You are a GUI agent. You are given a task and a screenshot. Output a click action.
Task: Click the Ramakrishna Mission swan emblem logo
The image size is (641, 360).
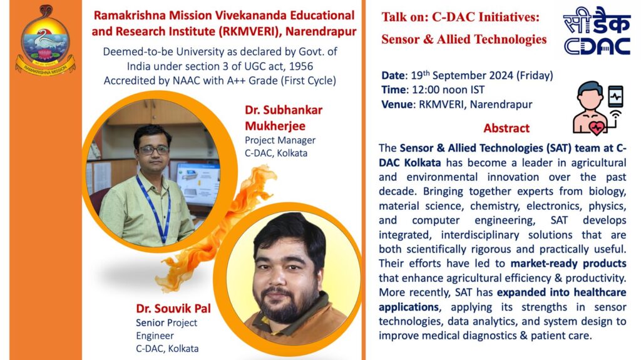tap(45, 39)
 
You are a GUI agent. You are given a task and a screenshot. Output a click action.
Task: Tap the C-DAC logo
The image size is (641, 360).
tap(597, 31)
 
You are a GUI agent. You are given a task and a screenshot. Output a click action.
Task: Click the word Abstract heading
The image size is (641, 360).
tap(506, 128)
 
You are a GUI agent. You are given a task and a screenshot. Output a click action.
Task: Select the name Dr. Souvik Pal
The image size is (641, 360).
tap(173, 309)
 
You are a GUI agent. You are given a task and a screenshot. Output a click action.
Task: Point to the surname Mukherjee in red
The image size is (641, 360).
tap(275, 126)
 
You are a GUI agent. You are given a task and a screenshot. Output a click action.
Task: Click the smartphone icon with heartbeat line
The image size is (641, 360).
tap(616, 97)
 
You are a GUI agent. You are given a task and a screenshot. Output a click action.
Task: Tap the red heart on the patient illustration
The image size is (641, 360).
tap(597, 127)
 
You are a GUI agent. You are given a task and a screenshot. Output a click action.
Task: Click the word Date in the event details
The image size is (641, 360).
tap(394, 76)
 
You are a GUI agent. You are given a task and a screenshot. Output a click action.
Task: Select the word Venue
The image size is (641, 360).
tap(397, 105)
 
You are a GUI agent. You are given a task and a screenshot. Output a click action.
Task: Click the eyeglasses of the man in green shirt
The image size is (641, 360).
tap(154, 150)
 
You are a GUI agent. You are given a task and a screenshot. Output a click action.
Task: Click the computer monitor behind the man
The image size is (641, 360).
tap(198, 183)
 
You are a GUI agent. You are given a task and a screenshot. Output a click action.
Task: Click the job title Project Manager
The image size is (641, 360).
tap(280, 140)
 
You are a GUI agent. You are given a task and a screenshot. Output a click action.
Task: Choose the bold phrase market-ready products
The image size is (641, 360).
tap(568, 264)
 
